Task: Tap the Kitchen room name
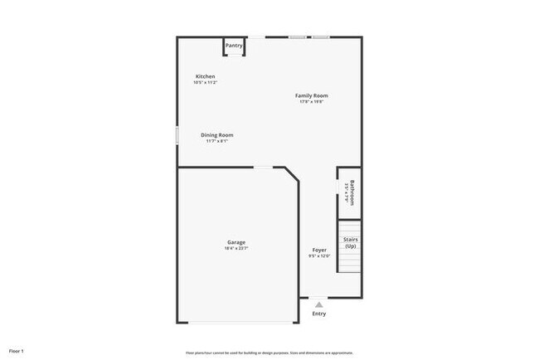(205, 76)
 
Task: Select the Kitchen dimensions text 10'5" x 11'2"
(205, 82)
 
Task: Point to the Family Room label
(312, 96)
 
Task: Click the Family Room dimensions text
(312, 102)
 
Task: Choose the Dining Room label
(217, 135)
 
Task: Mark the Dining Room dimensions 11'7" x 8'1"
(217, 141)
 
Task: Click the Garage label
(236, 242)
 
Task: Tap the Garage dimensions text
(236, 248)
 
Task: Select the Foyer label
(319, 250)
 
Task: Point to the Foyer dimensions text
(319, 255)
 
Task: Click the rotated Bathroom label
(352, 192)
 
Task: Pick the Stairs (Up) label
(351, 243)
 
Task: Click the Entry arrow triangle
(319, 304)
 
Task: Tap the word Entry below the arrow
(319, 314)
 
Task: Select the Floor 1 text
(17, 351)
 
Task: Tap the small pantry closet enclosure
(234, 46)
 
